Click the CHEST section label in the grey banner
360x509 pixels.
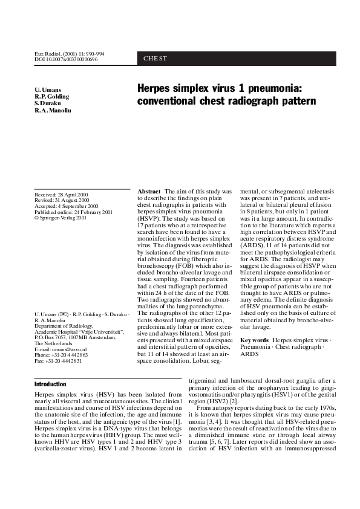155,59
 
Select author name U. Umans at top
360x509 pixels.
48,90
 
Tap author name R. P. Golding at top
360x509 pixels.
51,97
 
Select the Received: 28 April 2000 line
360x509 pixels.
62,194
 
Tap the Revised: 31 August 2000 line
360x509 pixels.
62,199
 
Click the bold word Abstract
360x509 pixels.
149,191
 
